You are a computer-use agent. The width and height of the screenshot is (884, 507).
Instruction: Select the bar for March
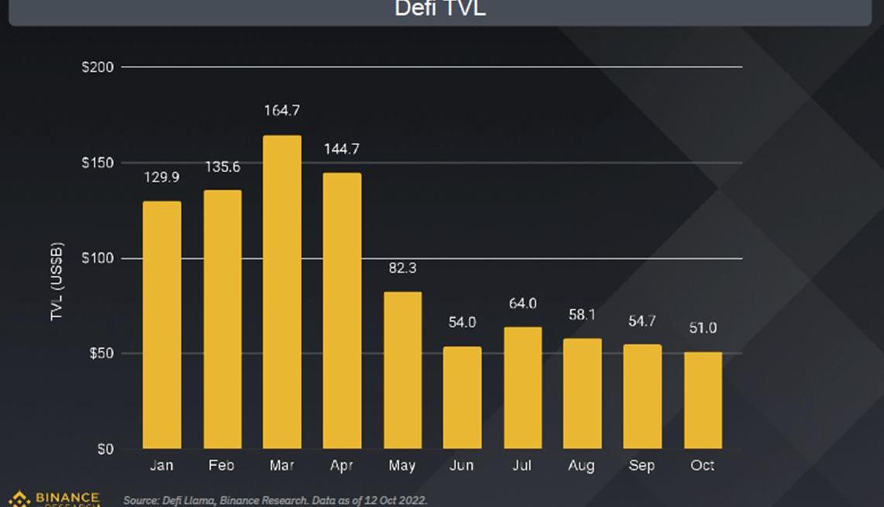[x=282, y=292]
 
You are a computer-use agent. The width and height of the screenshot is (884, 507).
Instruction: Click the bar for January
[x=162, y=325]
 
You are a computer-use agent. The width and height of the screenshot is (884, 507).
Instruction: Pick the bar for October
[x=703, y=400]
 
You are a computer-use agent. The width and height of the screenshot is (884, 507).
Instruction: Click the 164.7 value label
[x=281, y=111]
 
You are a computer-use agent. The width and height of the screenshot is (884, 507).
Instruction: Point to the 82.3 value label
[x=402, y=268]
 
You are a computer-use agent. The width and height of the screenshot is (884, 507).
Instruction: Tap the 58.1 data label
[x=581, y=315]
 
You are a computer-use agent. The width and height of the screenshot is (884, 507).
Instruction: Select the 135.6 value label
[x=222, y=167]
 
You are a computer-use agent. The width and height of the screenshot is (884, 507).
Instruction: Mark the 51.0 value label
[x=703, y=328]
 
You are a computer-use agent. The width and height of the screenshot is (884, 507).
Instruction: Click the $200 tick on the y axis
[x=98, y=67]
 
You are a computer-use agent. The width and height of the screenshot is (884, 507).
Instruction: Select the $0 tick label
[x=105, y=449]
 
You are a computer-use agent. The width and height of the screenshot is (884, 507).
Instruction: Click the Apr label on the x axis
[x=342, y=466]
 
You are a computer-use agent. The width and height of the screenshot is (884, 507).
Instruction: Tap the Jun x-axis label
[x=463, y=466]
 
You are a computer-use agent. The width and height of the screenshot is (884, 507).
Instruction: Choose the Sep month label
[x=642, y=466]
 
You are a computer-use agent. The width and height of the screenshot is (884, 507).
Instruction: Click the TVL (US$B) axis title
[x=57, y=281]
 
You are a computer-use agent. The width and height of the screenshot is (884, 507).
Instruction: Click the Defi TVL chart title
[x=440, y=9]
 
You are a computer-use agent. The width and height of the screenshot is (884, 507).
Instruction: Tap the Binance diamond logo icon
[x=19, y=498]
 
